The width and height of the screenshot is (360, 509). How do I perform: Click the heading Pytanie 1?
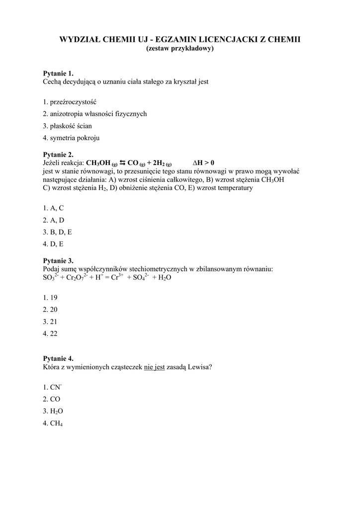pos(59,74)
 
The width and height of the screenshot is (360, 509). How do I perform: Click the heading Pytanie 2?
pos(59,155)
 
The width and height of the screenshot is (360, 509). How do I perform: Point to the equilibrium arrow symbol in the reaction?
pos(122,163)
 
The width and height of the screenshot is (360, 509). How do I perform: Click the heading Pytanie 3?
pos(59,260)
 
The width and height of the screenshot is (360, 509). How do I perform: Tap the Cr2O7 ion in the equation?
pos(78,278)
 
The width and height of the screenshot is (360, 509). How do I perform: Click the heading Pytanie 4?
pos(59,358)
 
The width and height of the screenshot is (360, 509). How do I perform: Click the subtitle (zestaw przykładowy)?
pos(180,49)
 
